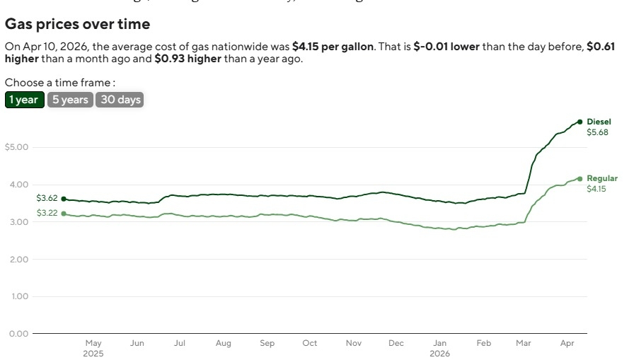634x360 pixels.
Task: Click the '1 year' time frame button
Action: [x=24, y=100]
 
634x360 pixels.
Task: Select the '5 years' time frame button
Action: [x=70, y=100]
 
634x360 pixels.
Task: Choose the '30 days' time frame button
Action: [x=120, y=100]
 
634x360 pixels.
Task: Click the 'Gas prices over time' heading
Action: [x=77, y=24]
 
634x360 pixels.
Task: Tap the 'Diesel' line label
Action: [x=599, y=122]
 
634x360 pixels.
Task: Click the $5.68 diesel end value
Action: [x=597, y=132]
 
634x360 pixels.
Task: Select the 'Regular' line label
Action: [x=602, y=178]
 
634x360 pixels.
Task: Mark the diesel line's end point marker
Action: [x=580, y=122]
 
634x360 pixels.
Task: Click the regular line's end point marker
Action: [x=580, y=179]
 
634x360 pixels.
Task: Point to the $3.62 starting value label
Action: [x=47, y=199]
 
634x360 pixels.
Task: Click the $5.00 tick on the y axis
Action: [x=16, y=147]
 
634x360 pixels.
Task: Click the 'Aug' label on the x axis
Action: [x=224, y=343]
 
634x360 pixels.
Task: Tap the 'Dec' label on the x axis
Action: [x=396, y=343]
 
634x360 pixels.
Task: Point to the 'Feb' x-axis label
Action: [x=483, y=343]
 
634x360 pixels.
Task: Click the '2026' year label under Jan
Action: [x=439, y=353]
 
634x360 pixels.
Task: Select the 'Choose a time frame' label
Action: [x=60, y=83]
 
